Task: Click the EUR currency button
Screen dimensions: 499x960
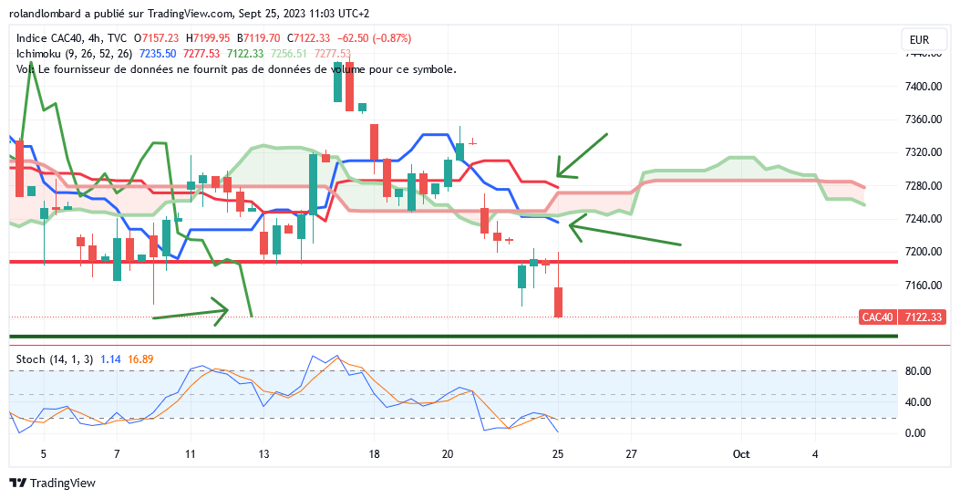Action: tap(919, 40)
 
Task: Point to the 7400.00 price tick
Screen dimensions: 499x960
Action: tap(923, 86)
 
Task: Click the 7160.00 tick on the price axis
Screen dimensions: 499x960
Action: tap(923, 286)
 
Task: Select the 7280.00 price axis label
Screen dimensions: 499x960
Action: tap(923, 186)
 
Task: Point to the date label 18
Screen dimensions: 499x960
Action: tap(374, 453)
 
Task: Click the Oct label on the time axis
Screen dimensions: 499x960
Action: tap(741, 453)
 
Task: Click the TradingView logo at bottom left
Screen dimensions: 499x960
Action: tap(52, 483)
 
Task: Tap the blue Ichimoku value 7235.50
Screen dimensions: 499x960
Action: tap(157, 54)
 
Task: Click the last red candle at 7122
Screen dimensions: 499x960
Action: tap(558, 302)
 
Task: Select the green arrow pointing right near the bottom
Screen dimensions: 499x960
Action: tap(191, 312)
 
